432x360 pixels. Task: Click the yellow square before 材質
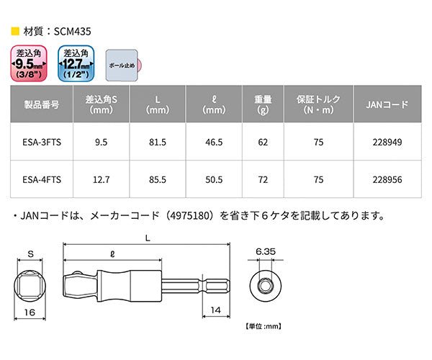tap(15, 32)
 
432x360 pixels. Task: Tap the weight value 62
tap(262, 143)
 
